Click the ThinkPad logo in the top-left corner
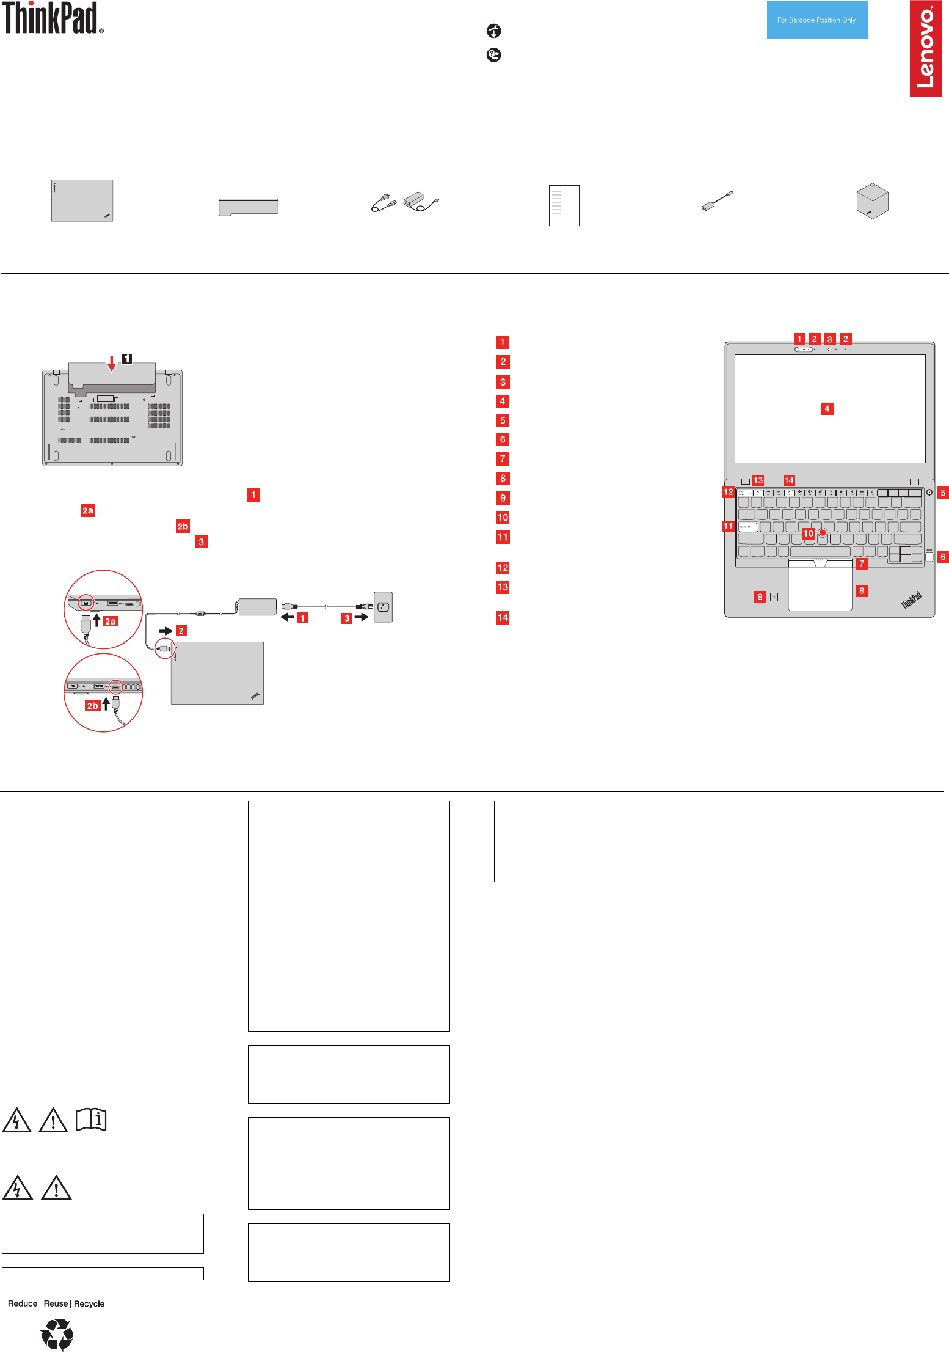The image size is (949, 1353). coord(51,18)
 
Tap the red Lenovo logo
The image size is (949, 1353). coord(925,48)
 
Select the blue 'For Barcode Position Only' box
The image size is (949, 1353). coord(817,20)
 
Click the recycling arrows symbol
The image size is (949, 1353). coord(57,1334)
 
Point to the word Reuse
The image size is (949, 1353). coord(56,1303)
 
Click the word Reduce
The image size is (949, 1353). coord(23,1303)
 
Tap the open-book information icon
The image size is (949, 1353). coord(91,1120)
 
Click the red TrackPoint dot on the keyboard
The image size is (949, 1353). coord(823,533)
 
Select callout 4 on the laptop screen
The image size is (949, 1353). coord(827,409)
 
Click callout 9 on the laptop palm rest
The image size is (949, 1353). coord(760,597)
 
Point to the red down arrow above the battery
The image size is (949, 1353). coord(111,364)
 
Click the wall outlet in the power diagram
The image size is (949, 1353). coord(383,607)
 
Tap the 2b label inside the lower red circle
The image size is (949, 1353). coord(92,706)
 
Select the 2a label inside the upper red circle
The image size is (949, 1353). coord(110,621)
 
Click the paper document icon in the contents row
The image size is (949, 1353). coord(564,205)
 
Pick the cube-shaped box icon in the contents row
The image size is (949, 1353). coord(872,200)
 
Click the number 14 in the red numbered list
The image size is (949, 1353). coord(503,618)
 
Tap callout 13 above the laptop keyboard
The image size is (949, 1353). coord(758,480)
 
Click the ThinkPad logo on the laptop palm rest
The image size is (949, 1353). coord(911,600)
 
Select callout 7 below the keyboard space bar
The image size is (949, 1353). coord(862,563)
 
